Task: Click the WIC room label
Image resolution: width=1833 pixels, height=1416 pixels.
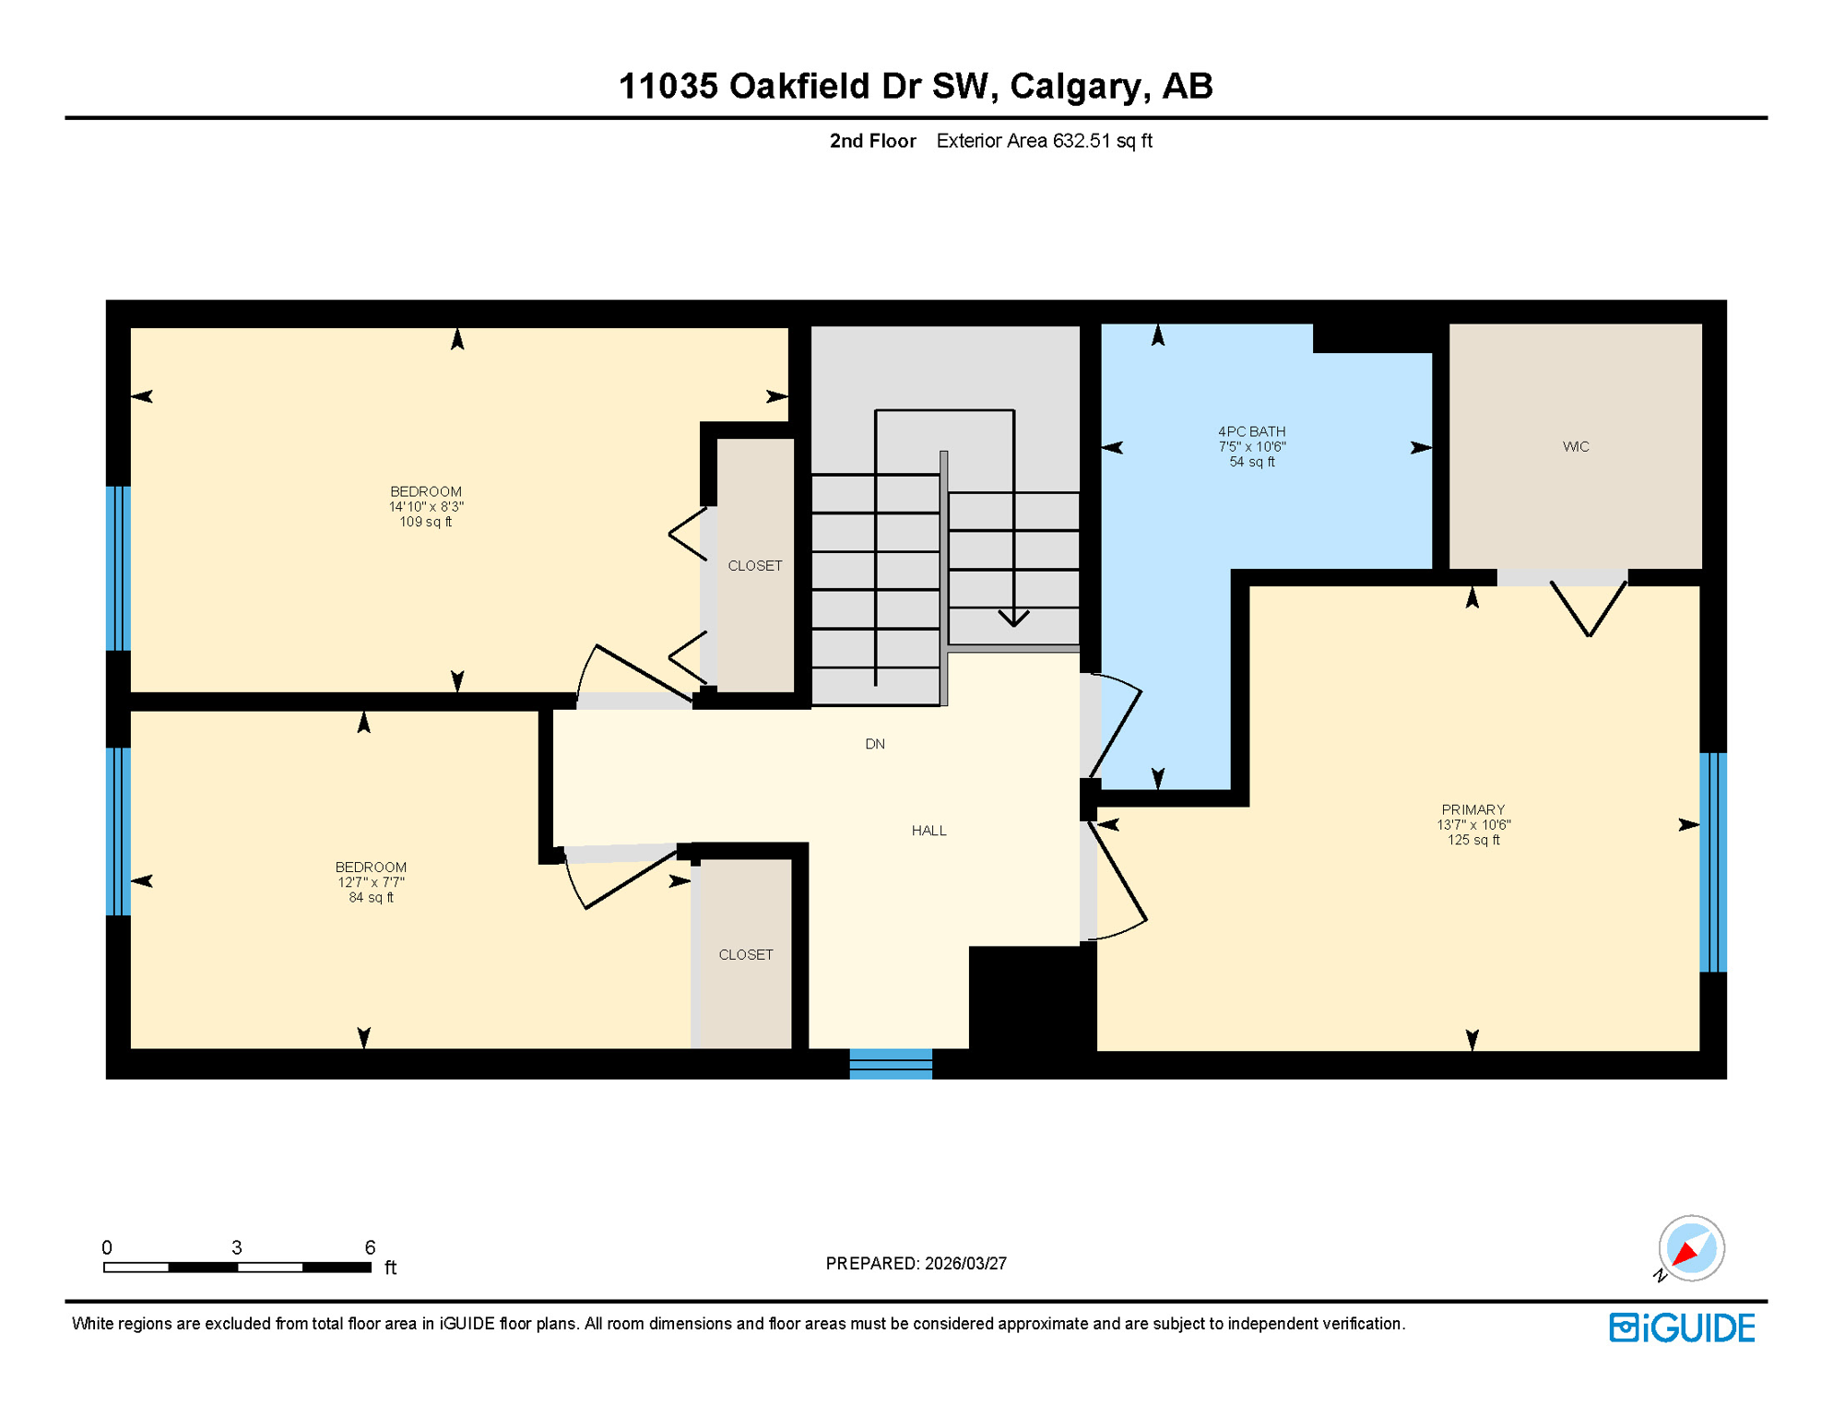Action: (1575, 446)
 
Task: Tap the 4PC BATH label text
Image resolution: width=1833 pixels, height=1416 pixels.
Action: (1251, 431)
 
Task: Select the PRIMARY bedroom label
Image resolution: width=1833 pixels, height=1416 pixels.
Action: (1472, 809)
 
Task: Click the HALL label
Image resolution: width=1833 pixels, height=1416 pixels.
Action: (928, 831)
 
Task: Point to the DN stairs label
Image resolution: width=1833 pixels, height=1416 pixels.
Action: (874, 744)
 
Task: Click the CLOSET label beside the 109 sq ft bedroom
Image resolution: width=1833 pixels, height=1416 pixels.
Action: (754, 566)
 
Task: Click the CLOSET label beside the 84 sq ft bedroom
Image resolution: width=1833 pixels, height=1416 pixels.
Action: (745, 955)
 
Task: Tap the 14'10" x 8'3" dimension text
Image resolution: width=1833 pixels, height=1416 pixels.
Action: (425, 507)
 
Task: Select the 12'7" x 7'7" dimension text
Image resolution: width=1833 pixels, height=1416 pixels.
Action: (371, 882)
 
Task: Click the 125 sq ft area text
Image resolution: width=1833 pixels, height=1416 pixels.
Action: (1472, 841)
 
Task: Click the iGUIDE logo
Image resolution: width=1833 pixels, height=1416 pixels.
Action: (1681, 1327)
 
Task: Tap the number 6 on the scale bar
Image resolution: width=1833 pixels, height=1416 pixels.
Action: (370, 1247)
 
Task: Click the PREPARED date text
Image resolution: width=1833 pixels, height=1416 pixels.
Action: (915, 1264)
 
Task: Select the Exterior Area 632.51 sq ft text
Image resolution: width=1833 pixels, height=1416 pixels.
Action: (1044, 141)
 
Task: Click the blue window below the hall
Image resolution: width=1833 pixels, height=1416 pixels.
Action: (890, 1063)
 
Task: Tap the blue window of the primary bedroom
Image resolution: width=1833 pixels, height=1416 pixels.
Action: (1712, 862)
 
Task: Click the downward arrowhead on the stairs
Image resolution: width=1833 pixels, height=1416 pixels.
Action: (1013, 618)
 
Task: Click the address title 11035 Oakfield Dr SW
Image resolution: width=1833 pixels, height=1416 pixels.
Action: (915, 86)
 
